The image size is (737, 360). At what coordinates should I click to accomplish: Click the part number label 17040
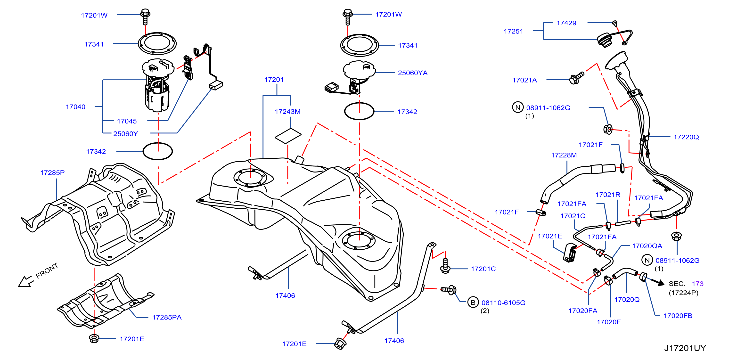75,107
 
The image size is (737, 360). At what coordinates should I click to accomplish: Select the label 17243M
287,112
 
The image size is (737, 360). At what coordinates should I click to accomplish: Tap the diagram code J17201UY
685,348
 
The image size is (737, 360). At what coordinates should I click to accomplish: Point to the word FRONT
47,271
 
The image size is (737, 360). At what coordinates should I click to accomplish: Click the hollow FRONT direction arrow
25,281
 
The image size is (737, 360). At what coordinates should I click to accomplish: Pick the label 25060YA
413,73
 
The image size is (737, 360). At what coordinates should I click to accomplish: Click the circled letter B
473,302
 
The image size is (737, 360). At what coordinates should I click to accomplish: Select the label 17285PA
167,317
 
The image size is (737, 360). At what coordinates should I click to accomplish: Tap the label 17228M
564,155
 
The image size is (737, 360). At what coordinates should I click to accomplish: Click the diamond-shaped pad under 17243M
288,136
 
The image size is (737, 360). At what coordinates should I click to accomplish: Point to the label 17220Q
686,137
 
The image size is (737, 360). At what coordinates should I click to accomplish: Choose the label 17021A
524,80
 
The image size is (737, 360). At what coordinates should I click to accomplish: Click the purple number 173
697,284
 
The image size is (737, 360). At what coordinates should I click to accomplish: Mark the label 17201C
483,269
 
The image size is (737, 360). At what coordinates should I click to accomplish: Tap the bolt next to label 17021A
576,78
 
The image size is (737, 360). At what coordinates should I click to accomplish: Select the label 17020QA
647,246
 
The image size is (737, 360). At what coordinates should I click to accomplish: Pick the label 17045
127,121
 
